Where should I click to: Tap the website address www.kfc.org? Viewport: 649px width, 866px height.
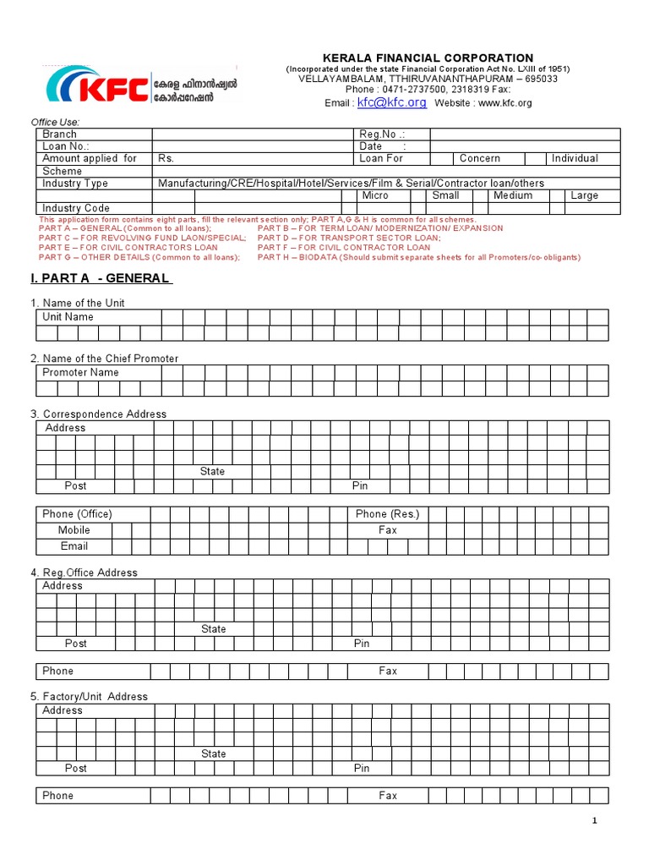(504, 103)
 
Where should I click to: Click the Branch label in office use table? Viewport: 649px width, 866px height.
(59, 134)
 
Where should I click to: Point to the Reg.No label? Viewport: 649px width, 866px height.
(382, 134)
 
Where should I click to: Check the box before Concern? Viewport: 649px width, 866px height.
(441, 158)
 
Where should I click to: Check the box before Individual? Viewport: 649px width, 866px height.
(535, 158)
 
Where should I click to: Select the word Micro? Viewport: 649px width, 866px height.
(375, 195)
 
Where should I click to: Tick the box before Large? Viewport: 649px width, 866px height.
(556, 195)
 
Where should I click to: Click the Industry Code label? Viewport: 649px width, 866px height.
(76, 208)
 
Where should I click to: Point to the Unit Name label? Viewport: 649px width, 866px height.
(68, 317)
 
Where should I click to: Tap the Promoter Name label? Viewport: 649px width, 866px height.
(80, 372)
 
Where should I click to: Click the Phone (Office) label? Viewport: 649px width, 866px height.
(77, 514)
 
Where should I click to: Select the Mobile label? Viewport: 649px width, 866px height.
(74, 530)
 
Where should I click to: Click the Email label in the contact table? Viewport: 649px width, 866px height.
(74, 546)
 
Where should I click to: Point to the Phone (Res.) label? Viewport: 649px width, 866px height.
(387, 514)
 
